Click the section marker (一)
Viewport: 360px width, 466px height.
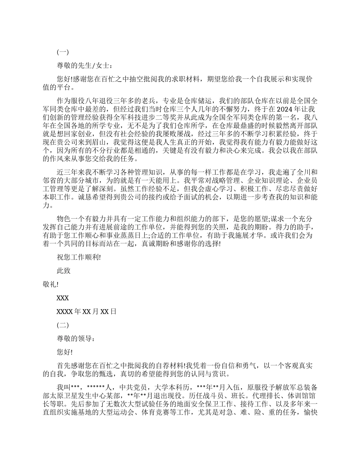tap(63, 52)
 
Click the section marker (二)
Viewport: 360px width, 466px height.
tap(63, 325)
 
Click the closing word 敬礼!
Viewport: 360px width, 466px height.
tap(51, 284)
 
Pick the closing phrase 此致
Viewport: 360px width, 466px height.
tap(63, 271)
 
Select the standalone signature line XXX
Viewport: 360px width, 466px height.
tap(63, 298)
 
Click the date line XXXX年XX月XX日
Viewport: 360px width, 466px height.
tap(86, 311)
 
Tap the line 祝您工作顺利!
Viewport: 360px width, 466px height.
tap(78, 257)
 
